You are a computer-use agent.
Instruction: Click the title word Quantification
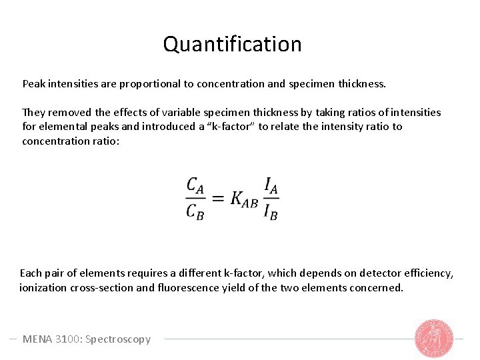coord(232,45)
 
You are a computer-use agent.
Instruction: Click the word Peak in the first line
coord(34,85)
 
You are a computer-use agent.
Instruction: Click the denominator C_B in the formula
coord(195,212)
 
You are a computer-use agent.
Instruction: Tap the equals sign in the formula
coord(217,199)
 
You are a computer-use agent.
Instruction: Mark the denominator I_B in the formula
coord(271,212)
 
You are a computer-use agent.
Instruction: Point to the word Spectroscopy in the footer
coord(117,339)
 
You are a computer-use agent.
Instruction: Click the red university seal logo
coord(435,339)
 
